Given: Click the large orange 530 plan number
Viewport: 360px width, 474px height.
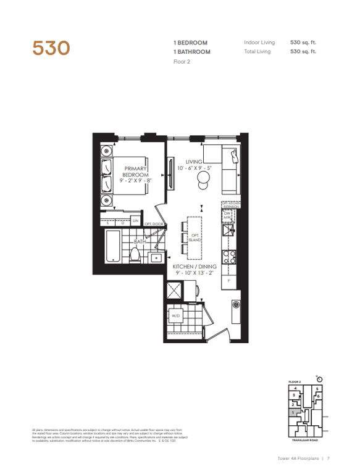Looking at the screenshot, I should coord(52,48).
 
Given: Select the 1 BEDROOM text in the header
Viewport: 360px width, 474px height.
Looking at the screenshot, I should coord(190,43).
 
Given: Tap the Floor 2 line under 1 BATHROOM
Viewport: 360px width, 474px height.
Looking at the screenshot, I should coord(182,61).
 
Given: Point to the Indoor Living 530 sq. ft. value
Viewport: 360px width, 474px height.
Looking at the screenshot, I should coord(303,43).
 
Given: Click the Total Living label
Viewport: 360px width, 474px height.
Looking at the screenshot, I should coord(257,52).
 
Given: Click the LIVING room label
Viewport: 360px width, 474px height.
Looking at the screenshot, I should coord(195,162).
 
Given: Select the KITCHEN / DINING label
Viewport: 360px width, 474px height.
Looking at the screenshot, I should coord(193,267).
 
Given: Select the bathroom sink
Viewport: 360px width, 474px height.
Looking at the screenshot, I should coord(156,257).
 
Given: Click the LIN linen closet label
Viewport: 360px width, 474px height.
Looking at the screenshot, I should coord(135,221).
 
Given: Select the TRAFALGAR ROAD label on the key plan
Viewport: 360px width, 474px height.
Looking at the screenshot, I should coord(304,440).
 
